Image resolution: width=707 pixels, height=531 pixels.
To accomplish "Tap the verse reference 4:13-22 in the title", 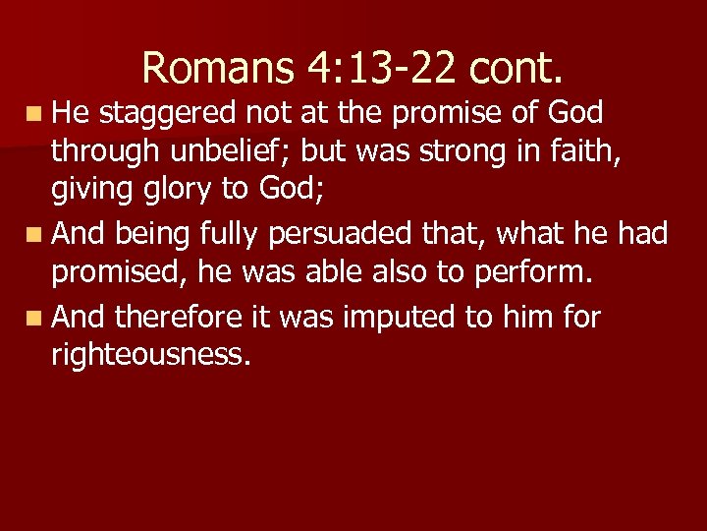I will point(378,68).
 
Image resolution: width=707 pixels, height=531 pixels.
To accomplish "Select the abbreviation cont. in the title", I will point(517,68).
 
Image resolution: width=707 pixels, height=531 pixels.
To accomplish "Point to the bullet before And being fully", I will point(35,235).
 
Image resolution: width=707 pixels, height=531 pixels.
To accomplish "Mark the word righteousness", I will point(150,355).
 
